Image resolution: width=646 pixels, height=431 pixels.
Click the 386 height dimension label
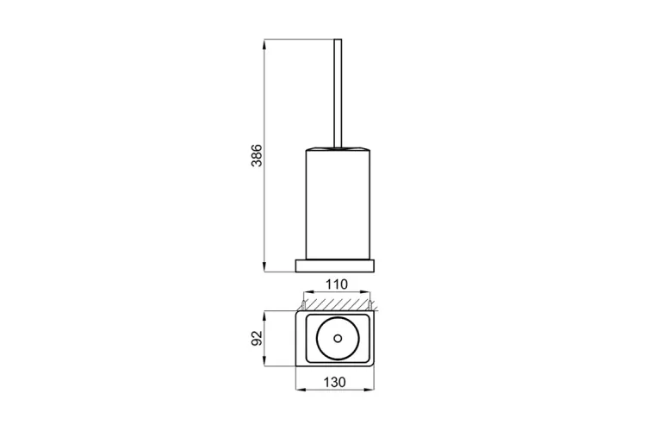(257, 155)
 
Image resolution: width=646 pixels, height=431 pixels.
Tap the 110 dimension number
(337, 284)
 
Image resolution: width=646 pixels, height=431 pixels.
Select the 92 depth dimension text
(257, 338)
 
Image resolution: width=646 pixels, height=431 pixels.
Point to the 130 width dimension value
(334, 383)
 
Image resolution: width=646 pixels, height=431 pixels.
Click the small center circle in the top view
(338, 339)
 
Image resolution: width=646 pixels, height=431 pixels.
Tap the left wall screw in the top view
(303, 306)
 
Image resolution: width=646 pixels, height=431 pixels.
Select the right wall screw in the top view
(370, 306)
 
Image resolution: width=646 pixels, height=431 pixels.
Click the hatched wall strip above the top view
(337, 305)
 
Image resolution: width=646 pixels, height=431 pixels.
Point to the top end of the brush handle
(338, 40)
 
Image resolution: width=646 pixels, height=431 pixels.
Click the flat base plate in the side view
(334, 265)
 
